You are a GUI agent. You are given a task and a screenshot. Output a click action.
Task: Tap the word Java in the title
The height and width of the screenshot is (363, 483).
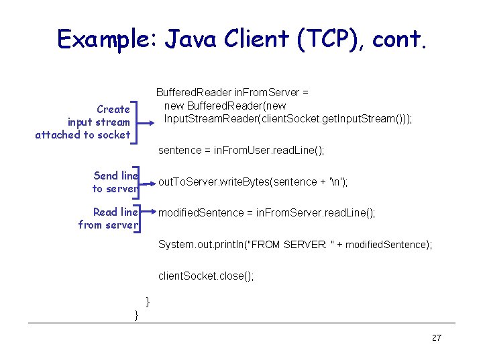coord(199,39)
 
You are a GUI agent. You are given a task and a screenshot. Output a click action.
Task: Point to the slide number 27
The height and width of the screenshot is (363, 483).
coord(436,337)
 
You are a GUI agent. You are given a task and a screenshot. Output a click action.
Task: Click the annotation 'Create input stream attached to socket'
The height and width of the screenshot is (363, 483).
coord(83,122)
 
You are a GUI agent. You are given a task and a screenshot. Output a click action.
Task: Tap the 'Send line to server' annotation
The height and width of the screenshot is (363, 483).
coord(115,182)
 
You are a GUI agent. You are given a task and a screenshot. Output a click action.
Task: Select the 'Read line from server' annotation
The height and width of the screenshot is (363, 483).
coord(108,218)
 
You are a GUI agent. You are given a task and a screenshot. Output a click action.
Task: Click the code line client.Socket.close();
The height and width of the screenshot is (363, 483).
coord(206,276)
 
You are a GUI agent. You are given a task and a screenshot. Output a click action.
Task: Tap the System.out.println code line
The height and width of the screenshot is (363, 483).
coord(295,245)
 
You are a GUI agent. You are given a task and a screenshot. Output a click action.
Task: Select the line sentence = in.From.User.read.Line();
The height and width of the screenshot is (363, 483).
coord(241,151)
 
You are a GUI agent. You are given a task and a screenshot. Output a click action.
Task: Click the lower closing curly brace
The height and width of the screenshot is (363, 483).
coord(136,314)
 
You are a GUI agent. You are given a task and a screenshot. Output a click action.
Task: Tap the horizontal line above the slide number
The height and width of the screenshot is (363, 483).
coord(241,323)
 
